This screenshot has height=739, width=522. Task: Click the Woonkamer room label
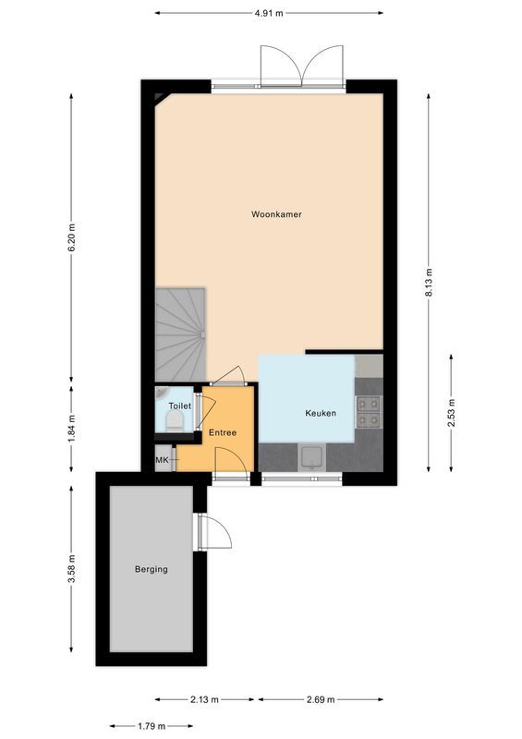pos(276,214)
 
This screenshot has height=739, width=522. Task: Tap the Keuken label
pos(321,413)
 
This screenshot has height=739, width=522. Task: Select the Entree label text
pos(223,432)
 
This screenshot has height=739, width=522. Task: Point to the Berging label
pos(152,569)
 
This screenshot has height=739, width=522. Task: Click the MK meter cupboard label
pos(162,459)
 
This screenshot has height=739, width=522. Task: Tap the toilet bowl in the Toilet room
pos(175,420)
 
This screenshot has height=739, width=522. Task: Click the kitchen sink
pos(312,457)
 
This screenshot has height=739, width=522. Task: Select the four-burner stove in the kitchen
pos(369,411)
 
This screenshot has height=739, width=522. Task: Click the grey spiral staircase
pos(180,334)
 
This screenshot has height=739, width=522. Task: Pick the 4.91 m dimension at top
pos(269,13)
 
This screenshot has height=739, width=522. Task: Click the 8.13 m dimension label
pos(429,283)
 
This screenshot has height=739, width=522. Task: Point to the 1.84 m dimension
pos(72,429)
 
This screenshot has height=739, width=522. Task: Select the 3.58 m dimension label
pos(72,568)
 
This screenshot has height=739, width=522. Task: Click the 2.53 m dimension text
pos(451,413)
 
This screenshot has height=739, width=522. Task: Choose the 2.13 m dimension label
pos(205,699)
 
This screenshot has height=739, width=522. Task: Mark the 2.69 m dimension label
pos(321,699)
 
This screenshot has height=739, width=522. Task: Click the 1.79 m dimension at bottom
pos(151,726)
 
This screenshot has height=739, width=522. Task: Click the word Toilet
pos(180,406)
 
